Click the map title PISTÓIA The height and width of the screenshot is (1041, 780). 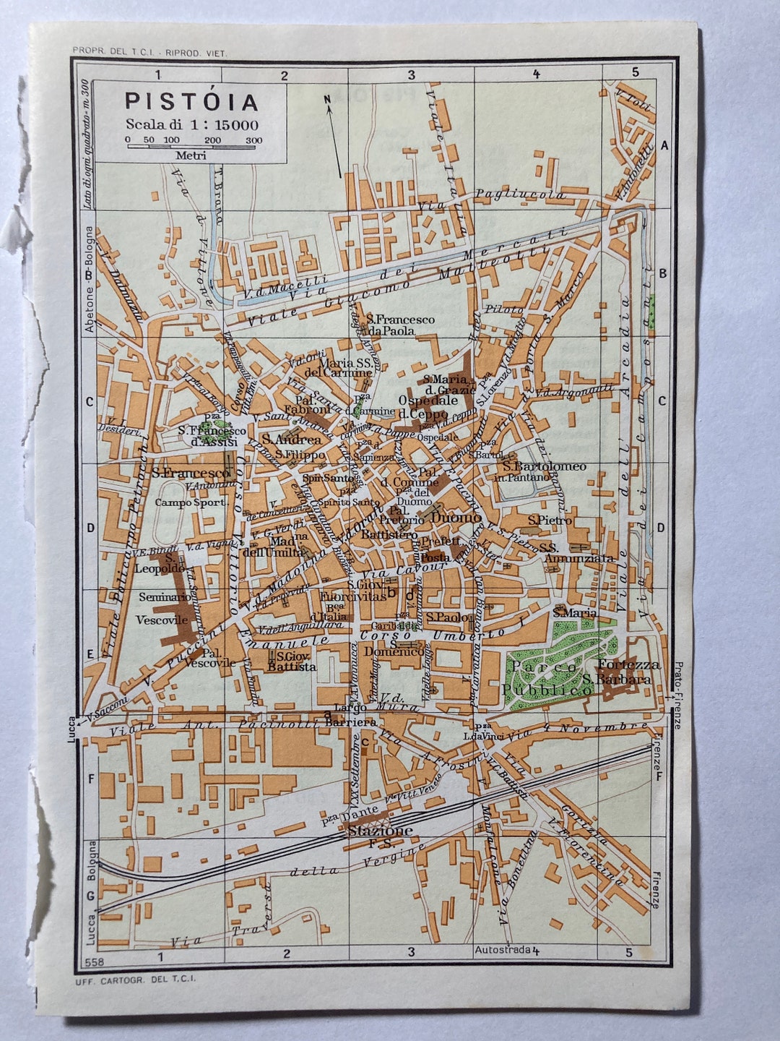[191, 101]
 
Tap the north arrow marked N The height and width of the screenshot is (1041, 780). [333, 137]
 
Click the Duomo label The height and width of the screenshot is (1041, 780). [456, 518]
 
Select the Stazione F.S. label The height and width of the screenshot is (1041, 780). [380, 834]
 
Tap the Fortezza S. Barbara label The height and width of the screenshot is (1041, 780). [618, 672]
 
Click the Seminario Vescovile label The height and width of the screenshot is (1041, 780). [162, 608]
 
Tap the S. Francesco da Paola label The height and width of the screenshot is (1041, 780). [400, 325]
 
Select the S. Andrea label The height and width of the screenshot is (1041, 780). [291, 440]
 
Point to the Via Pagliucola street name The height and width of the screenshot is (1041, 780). [520, 195]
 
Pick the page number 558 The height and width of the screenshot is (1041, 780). [94, 962]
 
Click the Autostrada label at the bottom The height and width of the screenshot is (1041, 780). [503, 950]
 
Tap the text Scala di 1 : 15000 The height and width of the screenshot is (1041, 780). [191, 124]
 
